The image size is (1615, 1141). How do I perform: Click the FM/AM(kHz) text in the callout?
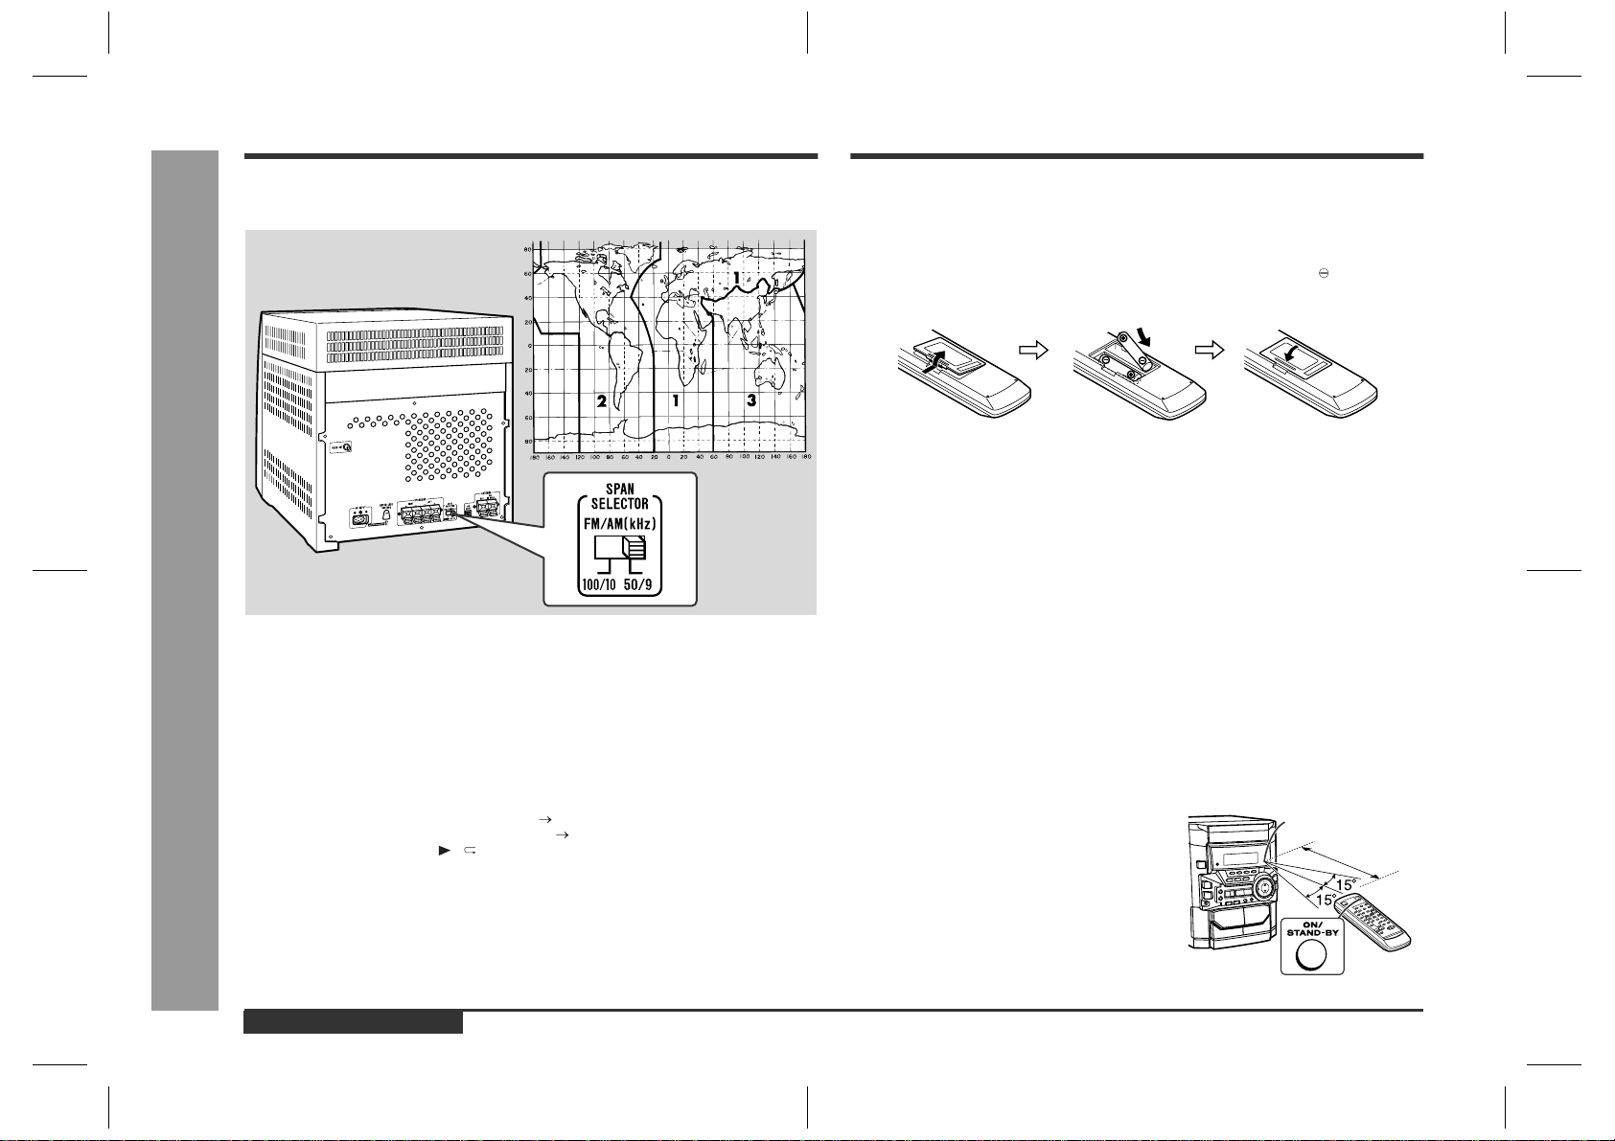pyautogui.click(x=620, y=523)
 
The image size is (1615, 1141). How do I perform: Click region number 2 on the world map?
pyautogui.click(x=601, y=401)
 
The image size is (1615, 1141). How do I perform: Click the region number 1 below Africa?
pyautogui.click(x=676, y=401)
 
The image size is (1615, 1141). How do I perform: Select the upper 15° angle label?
pyautogui.click(x=1347, y=885)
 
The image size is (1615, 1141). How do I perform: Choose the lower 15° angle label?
pyautogui.click(x=1324, y=901)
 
